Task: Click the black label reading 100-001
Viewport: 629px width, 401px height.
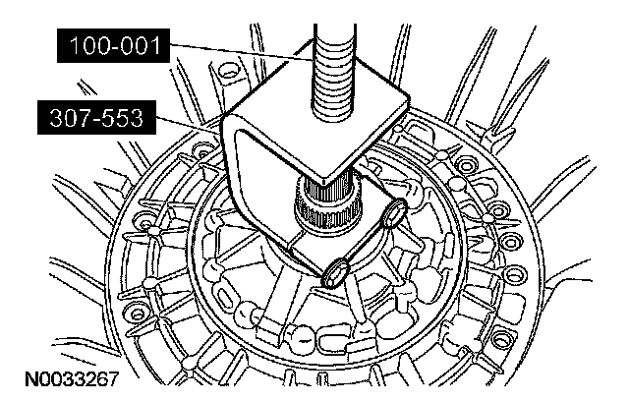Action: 114,46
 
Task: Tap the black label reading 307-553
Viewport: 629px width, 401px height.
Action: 96,118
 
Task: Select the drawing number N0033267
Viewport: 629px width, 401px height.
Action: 72,379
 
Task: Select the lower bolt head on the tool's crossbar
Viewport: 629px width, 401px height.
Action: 334,274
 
